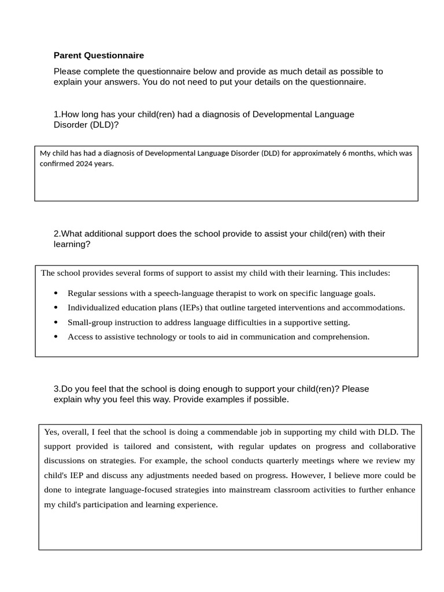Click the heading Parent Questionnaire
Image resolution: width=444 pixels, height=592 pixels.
[99, 55]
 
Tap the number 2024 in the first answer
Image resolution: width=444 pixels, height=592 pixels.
[84, 164]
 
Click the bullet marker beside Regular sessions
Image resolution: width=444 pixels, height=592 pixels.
[55, 294]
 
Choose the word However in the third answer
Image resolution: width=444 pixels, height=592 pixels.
[309, 475]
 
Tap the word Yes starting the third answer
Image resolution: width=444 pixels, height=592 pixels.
[51, 432]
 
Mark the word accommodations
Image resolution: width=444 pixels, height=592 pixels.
[374, 308]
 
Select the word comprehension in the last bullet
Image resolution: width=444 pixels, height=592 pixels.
[340, 336]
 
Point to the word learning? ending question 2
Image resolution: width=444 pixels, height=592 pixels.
[72, 245]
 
